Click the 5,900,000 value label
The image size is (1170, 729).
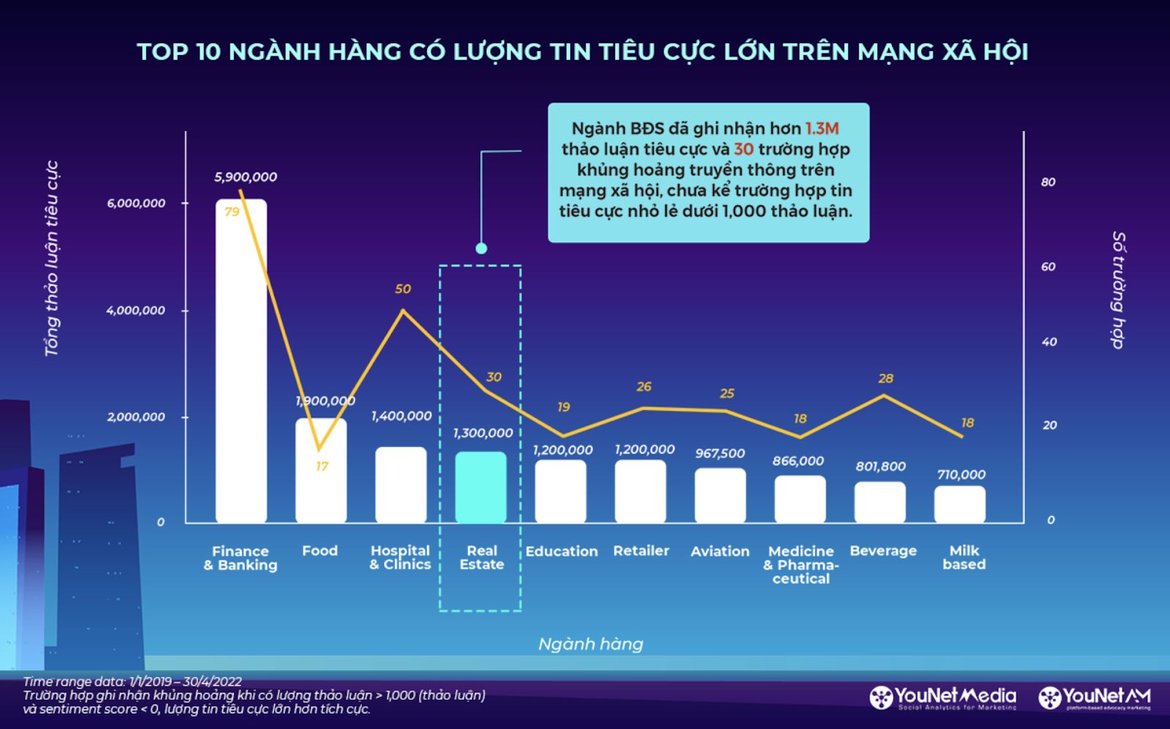click(x=246, y=177)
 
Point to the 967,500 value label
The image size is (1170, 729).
click(x=720, y=453)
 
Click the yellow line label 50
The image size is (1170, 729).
click(x=403, y=289)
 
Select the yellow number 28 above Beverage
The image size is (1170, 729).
click(x=886, y=378)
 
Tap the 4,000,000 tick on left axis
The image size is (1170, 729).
click(x=136, y=310)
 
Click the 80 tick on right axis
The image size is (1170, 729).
click(x=1048, y=182)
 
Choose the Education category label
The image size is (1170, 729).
click(x=561, y=551)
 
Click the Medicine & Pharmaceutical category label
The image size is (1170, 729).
click(x=801, y=564)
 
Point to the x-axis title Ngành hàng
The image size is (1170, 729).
click(x=591, y=644)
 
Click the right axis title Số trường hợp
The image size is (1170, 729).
click(x=1118, y=290)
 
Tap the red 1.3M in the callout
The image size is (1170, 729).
click(x=822, y=129)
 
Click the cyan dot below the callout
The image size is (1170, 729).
click(x=481, y=249)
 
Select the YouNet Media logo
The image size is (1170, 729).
click(x=943, y=698)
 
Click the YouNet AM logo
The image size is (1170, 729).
click(x=1095, y=698)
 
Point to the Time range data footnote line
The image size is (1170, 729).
click(x=132, y=681)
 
